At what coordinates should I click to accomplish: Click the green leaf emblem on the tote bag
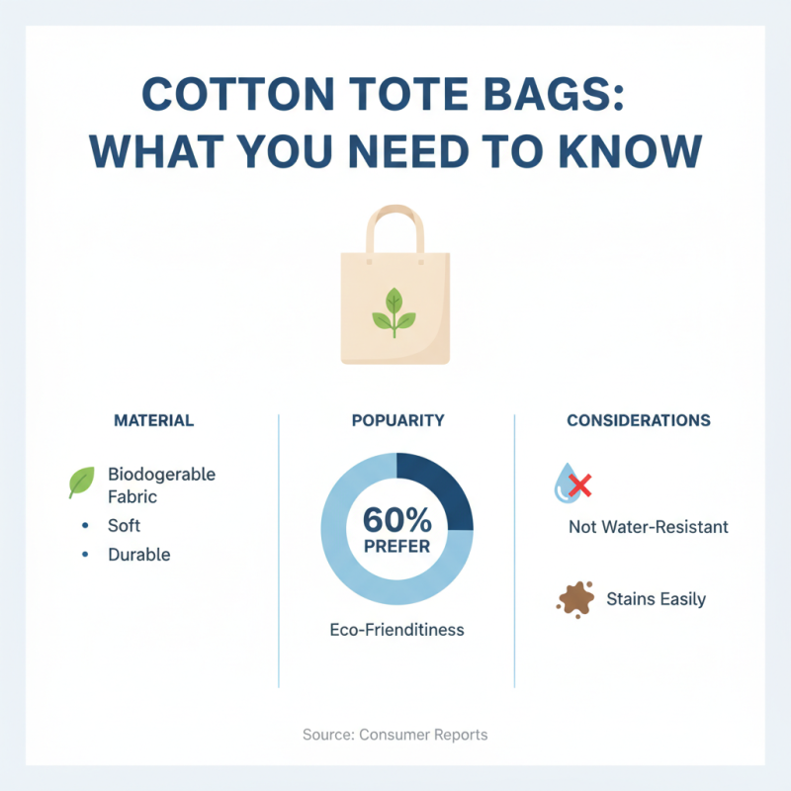(395, 311)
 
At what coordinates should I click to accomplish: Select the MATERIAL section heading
(154, 420)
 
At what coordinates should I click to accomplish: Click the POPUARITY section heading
(397, 420)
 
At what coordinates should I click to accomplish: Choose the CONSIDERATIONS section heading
(638, 420)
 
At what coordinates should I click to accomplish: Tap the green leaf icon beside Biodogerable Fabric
(82, 483)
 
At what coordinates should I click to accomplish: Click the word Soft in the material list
(125, 526)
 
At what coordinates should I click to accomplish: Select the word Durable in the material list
(139, 555)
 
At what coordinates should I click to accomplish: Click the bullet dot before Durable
(85, 555)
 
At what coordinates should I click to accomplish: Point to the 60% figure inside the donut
(396, 518)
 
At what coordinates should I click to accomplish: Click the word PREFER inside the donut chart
(396, 545)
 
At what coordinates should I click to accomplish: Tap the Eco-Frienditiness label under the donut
(396, 629)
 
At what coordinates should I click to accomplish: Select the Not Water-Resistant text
(648, 527)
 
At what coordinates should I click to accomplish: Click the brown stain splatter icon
(575, 598)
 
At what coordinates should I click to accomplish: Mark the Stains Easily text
(656, 598)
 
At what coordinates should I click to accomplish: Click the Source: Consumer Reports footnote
(395, 735)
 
